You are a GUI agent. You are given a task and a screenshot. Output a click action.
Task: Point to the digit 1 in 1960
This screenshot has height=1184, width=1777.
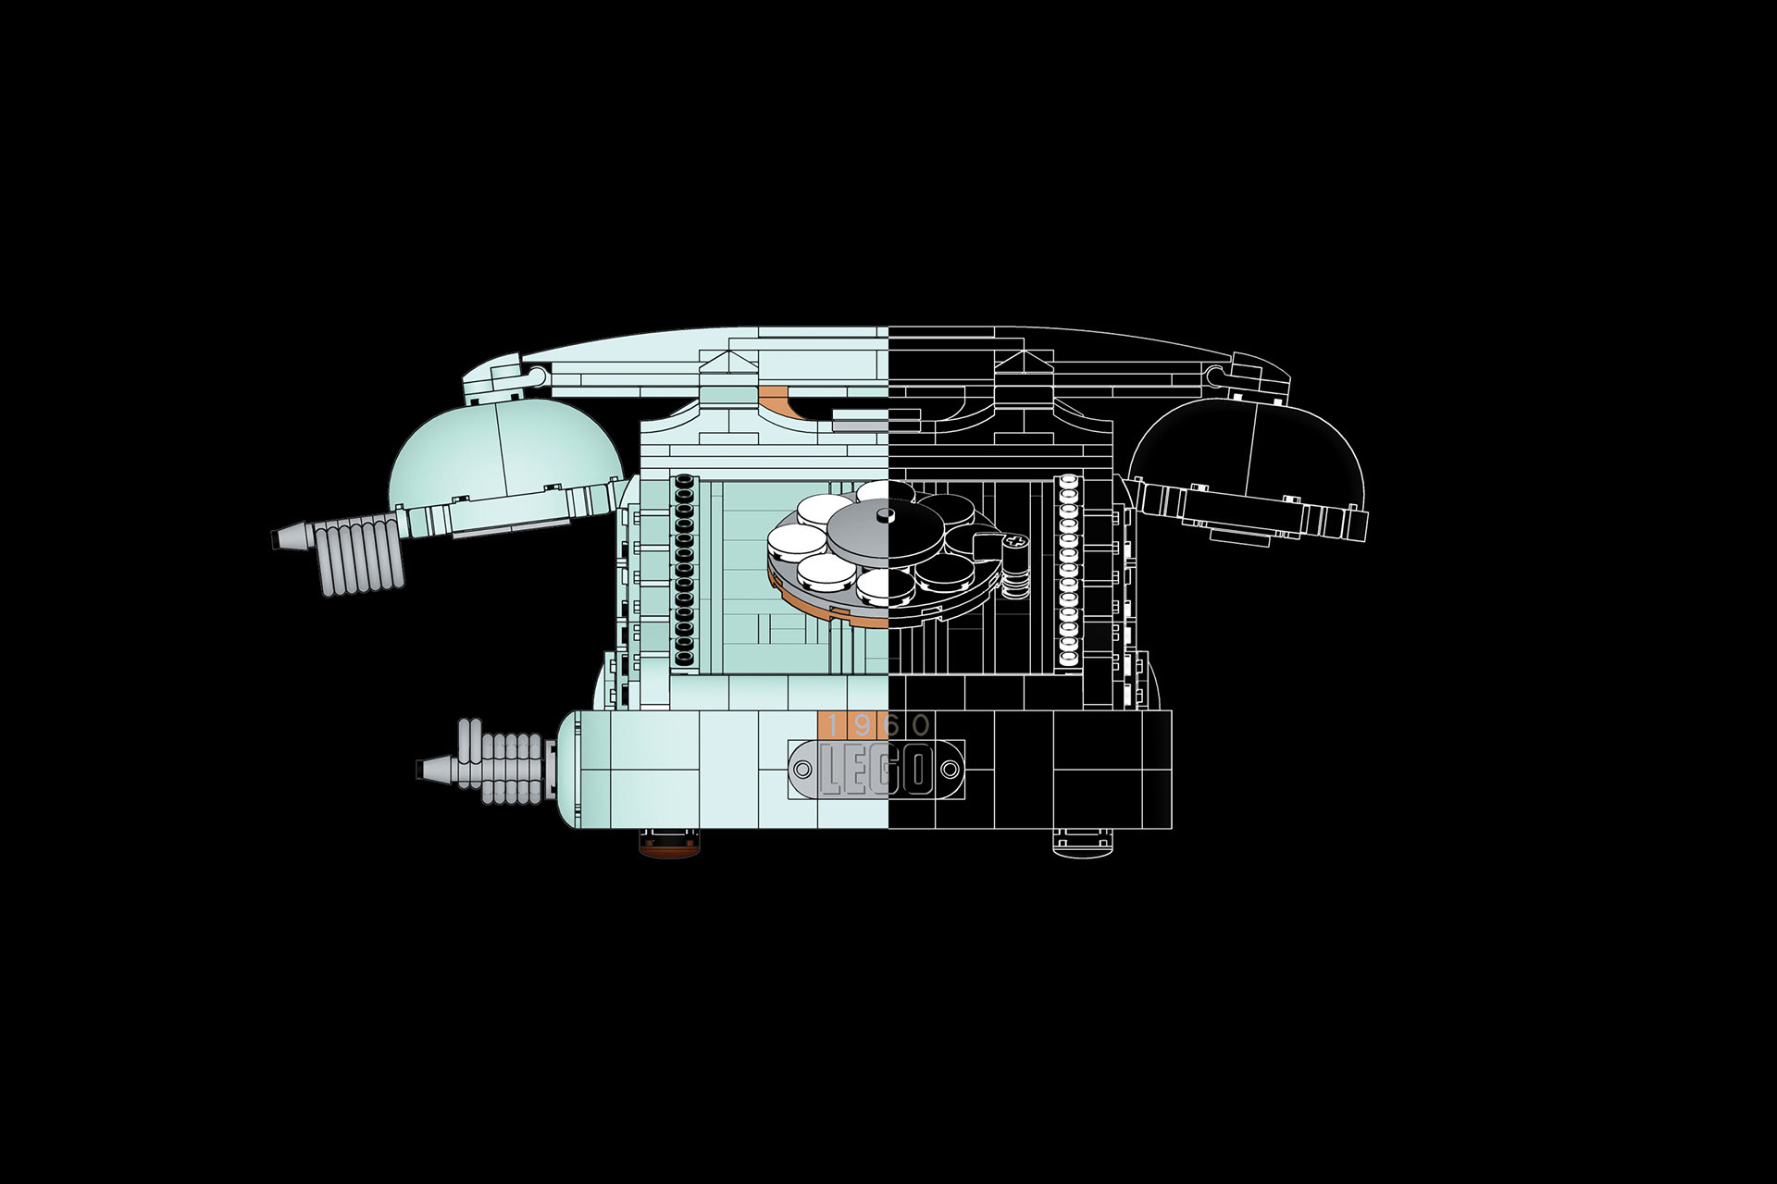coord(836,725)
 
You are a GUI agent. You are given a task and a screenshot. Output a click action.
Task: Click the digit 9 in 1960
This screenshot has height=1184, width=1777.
coord(864,725)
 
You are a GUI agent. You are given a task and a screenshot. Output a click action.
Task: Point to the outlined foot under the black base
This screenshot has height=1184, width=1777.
coord(1082,841)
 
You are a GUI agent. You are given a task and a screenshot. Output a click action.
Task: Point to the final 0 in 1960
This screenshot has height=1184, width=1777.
coord(921,725)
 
